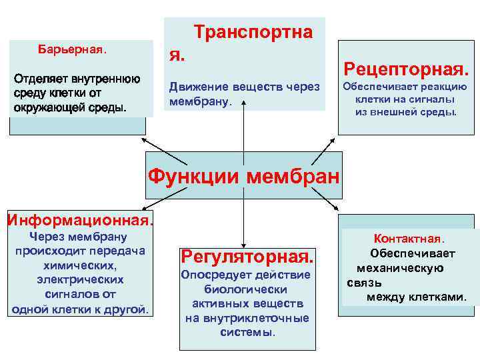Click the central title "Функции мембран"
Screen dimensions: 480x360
click(x=243, y=177)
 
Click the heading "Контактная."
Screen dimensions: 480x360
click(x=409, y=239)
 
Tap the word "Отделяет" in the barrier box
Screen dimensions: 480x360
click(x=39, y=79)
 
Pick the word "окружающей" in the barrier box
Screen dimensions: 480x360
click(x=46, y=107)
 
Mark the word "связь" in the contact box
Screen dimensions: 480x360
click(x=364, y=283)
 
